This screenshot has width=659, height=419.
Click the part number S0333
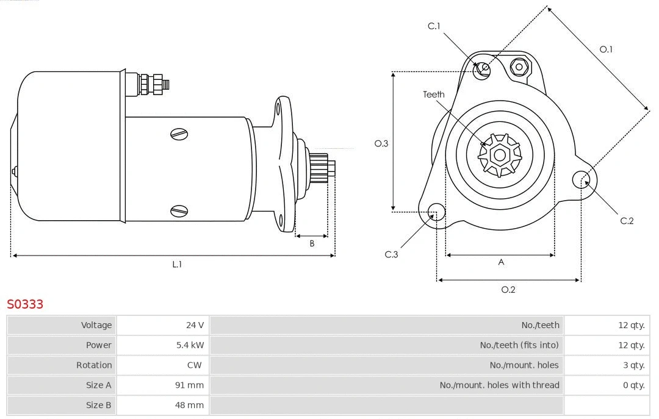click(x=25, y=304)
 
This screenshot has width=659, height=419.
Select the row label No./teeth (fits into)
click(x=519, y=345)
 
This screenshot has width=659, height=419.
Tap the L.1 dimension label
click(x=176, y=265)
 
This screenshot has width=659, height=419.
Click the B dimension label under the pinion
click(x=312, y=243)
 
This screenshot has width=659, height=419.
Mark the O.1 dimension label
click(x=606, y=49)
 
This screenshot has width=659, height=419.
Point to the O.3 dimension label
click(x=381, y=143)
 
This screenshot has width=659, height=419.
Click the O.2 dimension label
click(x=508, y=290)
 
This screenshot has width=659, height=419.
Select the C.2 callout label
click(x=627, y=221)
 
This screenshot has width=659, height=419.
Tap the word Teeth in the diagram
click(x=434, y=95)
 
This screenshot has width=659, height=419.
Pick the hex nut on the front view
click(x=519, y=66)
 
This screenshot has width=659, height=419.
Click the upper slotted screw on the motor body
click(x=179, y=134)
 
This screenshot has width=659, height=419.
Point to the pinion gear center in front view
click(x=500, y=155)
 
